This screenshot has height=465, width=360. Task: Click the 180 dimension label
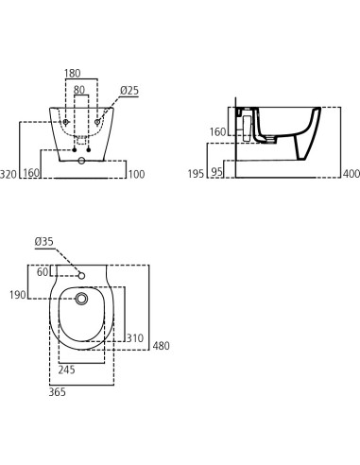tap(73, 74)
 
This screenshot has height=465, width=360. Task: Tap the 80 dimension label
tap(79, 90)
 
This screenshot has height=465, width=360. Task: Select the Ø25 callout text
tap(129, 91)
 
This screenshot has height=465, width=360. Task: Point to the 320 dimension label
tap(9, 174)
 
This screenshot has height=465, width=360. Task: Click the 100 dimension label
tap(136, 174)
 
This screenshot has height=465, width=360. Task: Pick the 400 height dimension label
tap(351, 174)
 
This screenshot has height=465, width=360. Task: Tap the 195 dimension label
tap(196, 174)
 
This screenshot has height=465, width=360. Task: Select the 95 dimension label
tap(216, 172)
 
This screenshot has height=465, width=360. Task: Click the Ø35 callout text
tap(44, 242)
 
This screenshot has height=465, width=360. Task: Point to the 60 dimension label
tap(43, 272)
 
